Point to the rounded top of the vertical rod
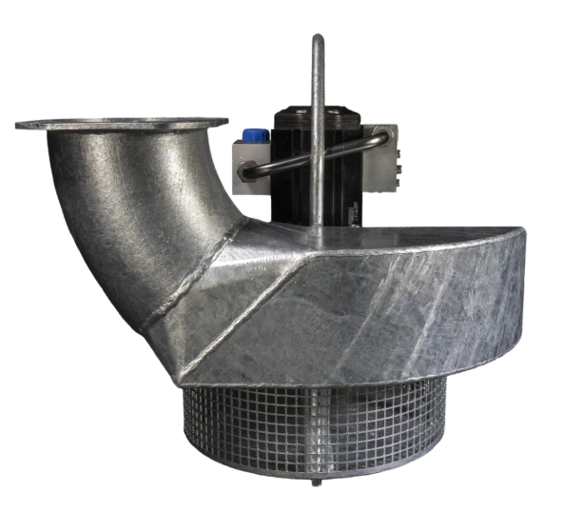pos(318,41)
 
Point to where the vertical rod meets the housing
pos(318,225)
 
